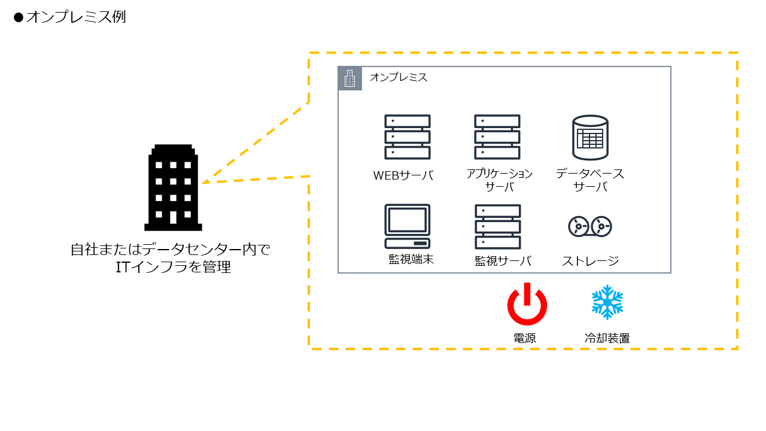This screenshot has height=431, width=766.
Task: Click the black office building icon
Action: tap(173, 187)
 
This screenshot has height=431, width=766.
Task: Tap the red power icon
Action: tap(527, 304)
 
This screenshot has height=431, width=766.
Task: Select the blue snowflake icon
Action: tap(607, 302)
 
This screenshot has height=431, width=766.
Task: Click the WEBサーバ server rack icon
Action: tap(407, 137)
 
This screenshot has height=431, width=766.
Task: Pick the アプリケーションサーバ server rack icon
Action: tap(497, 137)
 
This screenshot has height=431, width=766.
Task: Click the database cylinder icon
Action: tap(589, 138)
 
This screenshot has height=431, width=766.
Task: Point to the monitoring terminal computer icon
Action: tap(407, 226)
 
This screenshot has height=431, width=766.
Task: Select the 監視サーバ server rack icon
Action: tap(497, 227)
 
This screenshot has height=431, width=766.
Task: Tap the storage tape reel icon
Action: tap(589, 226)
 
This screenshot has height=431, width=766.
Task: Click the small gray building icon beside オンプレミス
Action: tap(350, 78)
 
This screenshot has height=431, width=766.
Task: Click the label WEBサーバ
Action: tap(403, 175)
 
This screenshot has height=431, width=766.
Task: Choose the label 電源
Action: tap(525, 338)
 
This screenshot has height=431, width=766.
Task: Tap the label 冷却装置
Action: tap(607, 338)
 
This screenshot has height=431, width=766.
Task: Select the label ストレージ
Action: tap(590, 261)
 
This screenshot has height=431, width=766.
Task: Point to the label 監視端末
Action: tap(411, 259)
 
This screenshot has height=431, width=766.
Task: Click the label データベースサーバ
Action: tap(590, 180)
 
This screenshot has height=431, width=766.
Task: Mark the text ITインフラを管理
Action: tap(174, 267)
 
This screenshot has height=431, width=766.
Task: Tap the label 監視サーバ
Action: tap(503, 261)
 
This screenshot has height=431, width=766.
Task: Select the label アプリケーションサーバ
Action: tap(500, 180)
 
